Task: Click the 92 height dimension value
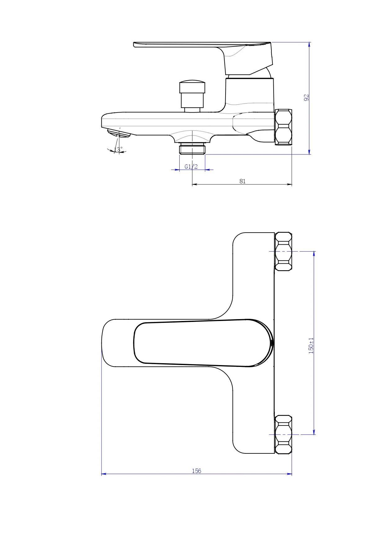pyautogui.click(x=307, y=97)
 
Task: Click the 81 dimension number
pyautogui.click(x=243, y=181)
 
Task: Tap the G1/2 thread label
pyautogui.click(x=191, y=167)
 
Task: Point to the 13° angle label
pyautogui.click(x=119, y=149)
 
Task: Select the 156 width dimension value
pyautogui.click(x=196, y=471)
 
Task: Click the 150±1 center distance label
pyautogui.click(x=311, y=346)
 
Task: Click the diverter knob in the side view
pyautogui.click(x=192, y=96)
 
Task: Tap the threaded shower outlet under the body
pyautogui.click(x=192, y=148)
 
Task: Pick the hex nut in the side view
pyautogui.click(x=284, y=127)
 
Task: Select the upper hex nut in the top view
pyautogui.click(x=284, y=251)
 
